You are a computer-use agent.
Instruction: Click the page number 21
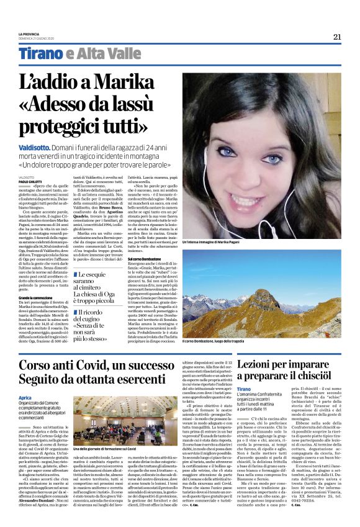coord(337,37)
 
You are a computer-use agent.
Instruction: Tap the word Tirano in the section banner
coord(40,53)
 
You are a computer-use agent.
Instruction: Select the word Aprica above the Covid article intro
coord(25,397)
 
